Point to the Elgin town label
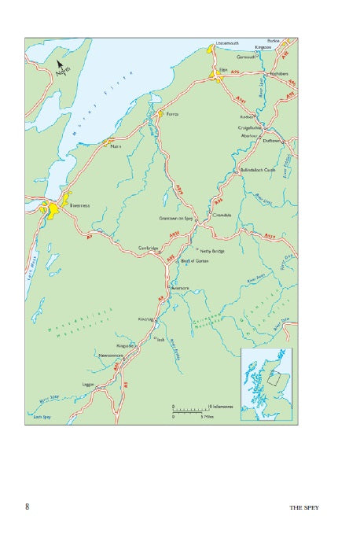(x=222, y=69)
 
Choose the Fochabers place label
(x=281, y=73)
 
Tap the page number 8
(x=28, y=507)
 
